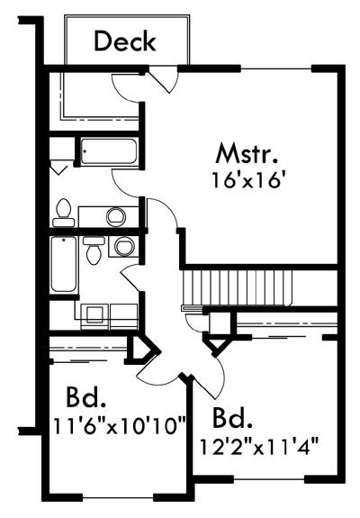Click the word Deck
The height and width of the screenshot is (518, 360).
point(125,41)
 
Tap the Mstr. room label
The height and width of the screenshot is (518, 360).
point(246,153)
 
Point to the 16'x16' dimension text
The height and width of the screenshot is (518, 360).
point(248,180)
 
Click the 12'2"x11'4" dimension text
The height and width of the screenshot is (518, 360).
point(258,446)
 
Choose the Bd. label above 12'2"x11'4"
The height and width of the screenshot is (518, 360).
point(232,418)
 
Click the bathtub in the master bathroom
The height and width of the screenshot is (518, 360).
point(109,151)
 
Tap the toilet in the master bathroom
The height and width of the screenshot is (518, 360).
point(64,213)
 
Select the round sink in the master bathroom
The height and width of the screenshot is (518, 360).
point(116,216)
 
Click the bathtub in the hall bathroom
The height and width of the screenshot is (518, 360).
point(64,264)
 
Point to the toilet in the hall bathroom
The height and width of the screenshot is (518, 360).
point(94,250)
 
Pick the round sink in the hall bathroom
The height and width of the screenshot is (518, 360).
point(125,246)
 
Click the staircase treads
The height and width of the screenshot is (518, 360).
point(237,288)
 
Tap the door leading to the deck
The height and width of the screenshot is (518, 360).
point(162,79)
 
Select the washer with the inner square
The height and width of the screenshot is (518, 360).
point(94,316)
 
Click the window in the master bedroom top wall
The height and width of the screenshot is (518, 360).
point(276,68)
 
